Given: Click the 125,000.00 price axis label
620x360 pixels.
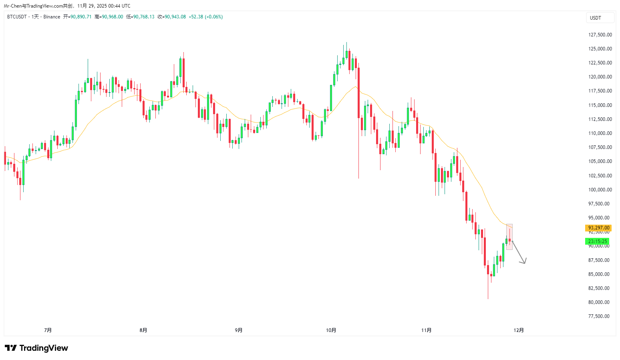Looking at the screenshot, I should (600, 49).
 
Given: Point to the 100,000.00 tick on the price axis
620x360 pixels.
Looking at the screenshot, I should (600, 190).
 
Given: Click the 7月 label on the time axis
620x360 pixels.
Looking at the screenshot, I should (48, 330).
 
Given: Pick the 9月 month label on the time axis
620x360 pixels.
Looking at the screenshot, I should (239, 330).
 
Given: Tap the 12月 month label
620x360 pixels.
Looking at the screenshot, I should (519, 330).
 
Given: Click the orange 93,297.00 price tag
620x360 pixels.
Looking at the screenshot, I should (598, 228).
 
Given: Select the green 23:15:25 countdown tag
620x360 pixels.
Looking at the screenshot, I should (597, 241).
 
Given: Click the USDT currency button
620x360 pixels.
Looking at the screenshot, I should (596, 18).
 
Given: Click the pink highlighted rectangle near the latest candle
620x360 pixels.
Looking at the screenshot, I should (509, 237).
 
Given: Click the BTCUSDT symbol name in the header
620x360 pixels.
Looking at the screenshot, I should (17, 17).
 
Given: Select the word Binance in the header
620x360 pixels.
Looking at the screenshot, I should (52, 17).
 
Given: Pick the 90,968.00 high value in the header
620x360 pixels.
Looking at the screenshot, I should (112, 17).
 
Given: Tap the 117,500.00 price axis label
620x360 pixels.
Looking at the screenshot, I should (600, 91).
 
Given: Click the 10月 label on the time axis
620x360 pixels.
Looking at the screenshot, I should (331, 330).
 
